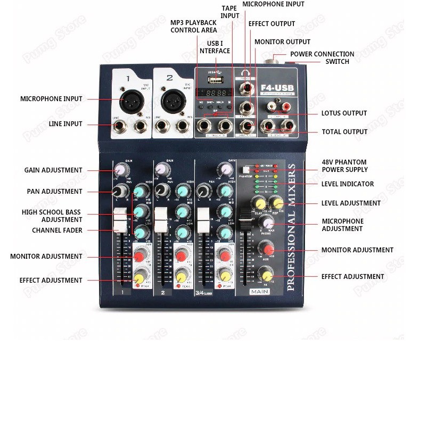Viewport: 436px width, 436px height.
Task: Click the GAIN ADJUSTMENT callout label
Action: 53,170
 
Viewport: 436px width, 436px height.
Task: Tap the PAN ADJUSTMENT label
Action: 55,191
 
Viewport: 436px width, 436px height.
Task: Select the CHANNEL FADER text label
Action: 57,231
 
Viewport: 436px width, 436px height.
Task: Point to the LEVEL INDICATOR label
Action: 348,184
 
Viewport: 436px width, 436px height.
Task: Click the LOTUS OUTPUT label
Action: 344,113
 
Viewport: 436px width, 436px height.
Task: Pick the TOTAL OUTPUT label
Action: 344,132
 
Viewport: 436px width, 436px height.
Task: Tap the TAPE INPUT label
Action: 230,12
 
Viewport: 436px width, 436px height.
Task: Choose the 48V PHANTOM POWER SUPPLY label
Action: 344,166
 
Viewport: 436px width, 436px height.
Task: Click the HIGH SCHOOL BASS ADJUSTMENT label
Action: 51,216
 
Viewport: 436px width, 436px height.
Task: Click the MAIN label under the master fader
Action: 260,292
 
